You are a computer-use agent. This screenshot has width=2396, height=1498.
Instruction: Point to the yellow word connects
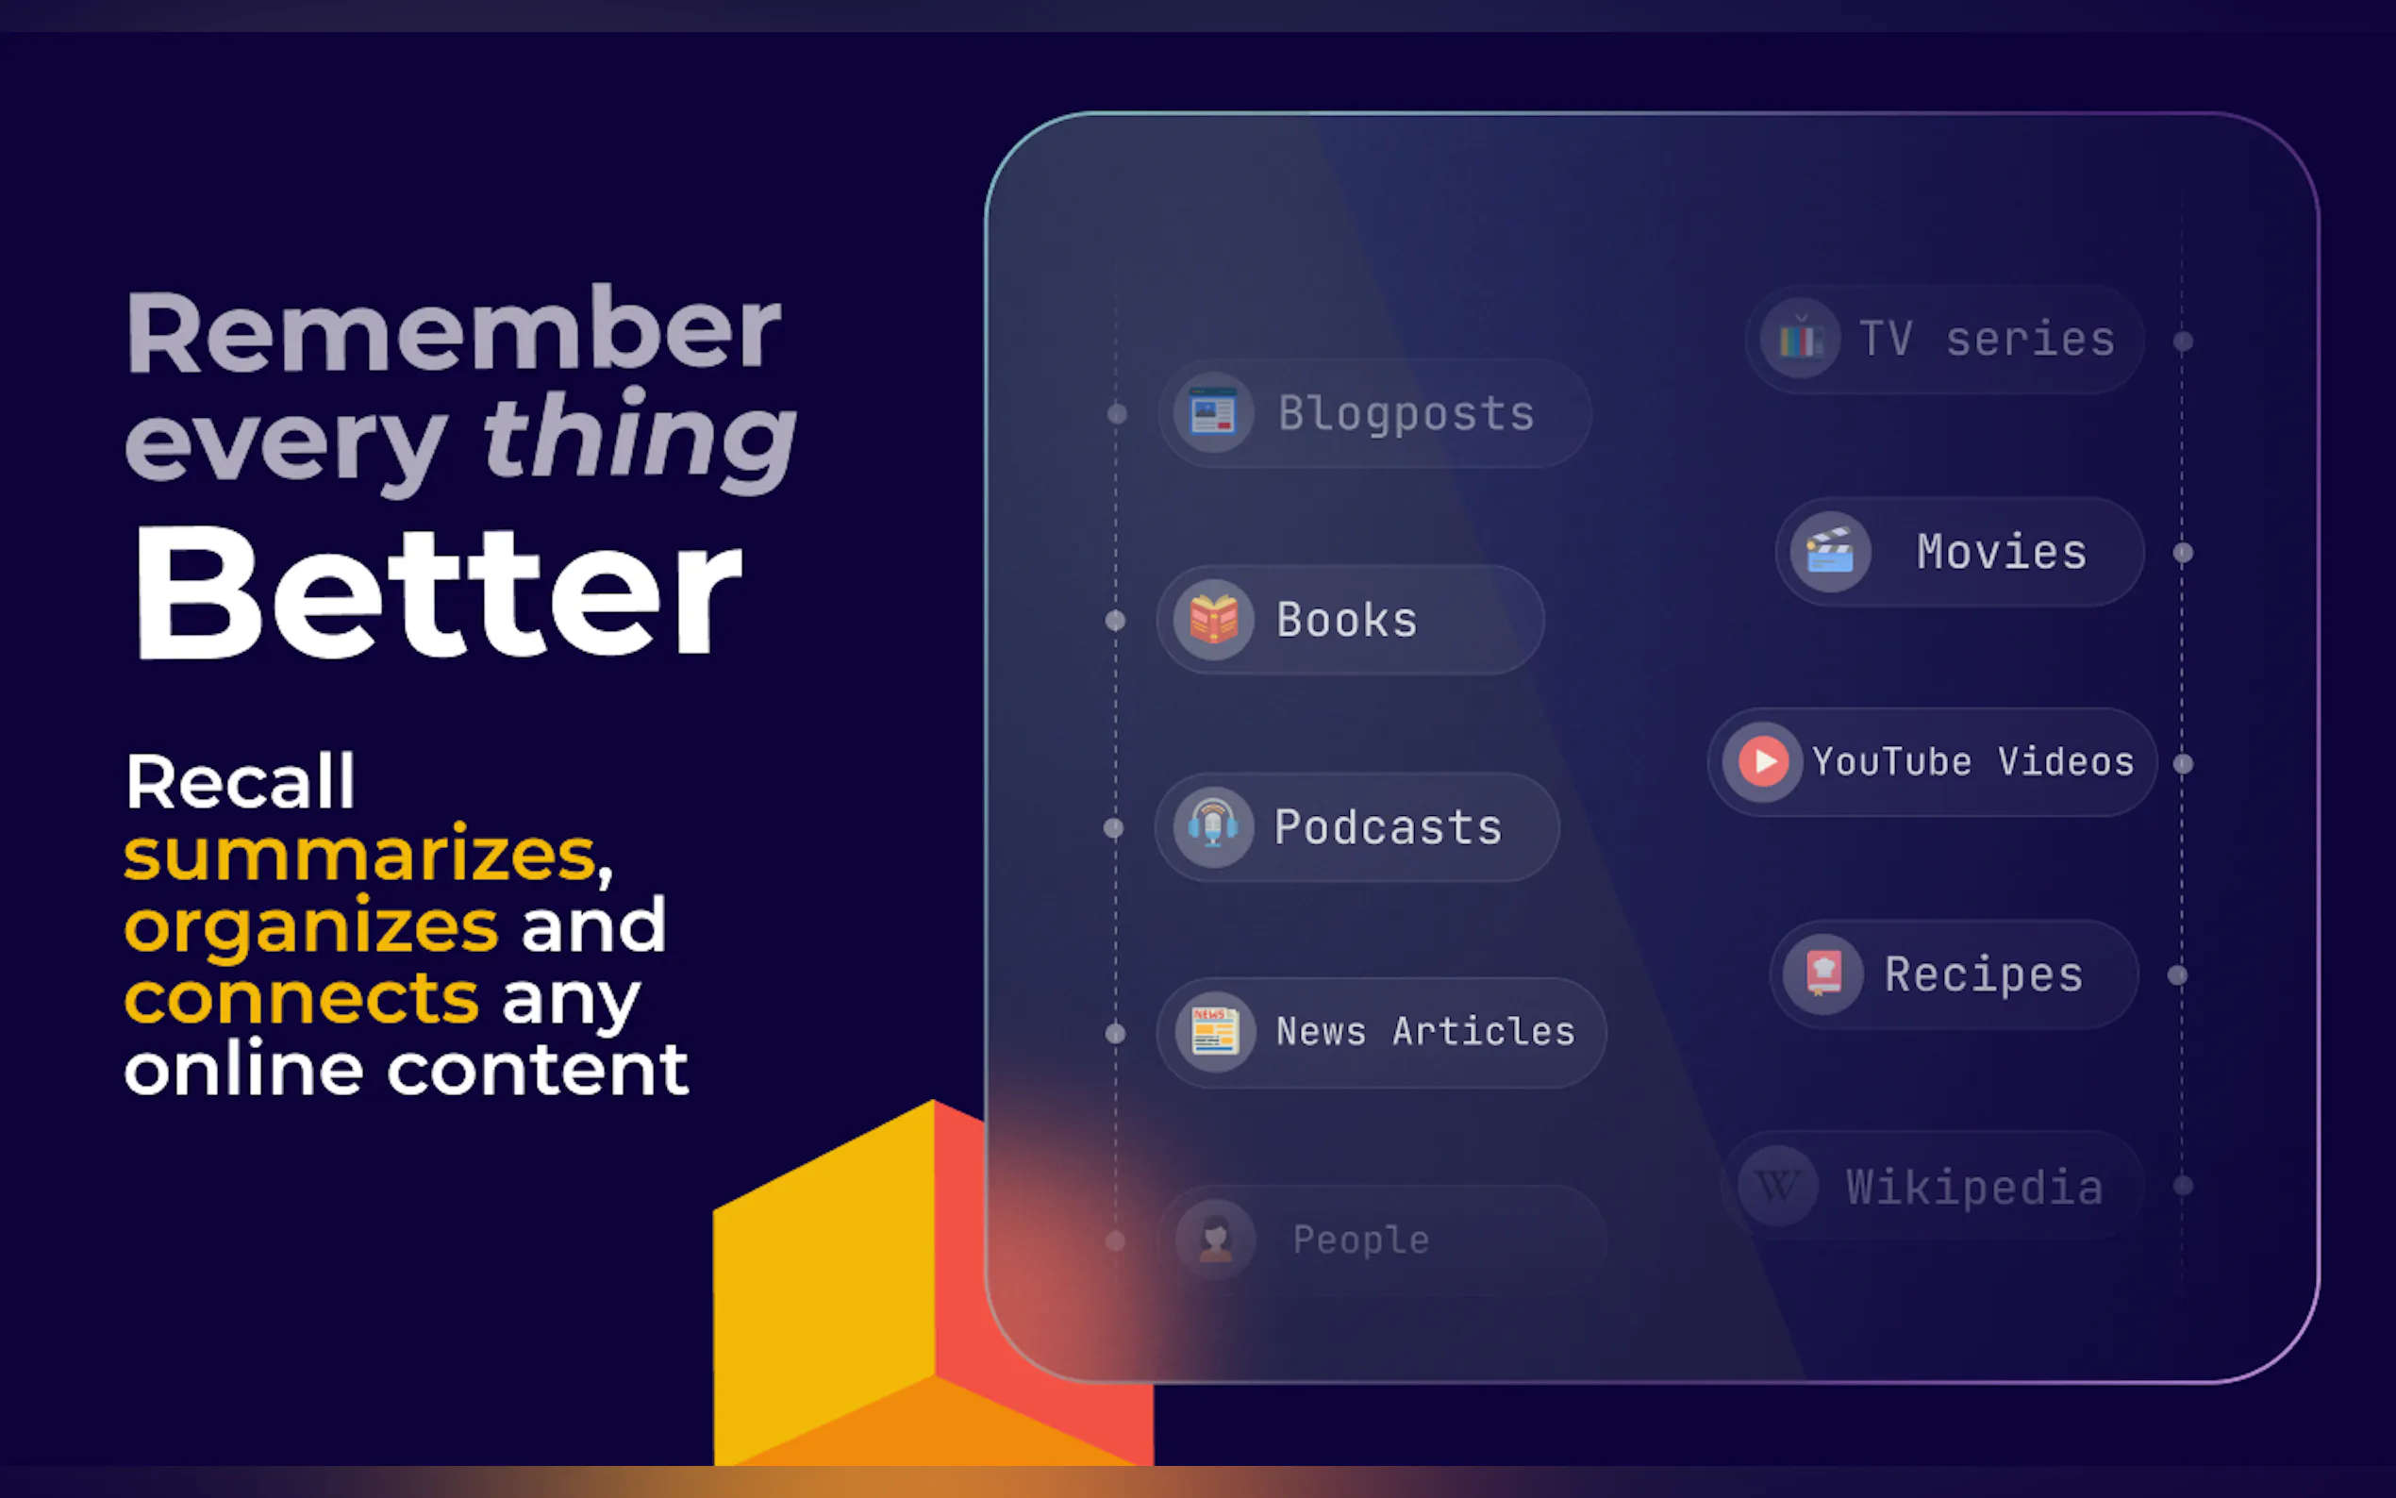coord(302,998)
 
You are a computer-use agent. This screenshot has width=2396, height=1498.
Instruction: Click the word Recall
coord(240,782)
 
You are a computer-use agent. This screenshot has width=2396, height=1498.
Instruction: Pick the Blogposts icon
coord(1213,413)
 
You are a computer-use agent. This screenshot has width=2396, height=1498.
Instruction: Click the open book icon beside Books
coord(1213,620)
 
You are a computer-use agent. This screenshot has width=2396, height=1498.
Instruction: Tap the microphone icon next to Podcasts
coord(1213,827)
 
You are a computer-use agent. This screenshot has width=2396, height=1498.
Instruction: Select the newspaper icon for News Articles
coord(1214,1032)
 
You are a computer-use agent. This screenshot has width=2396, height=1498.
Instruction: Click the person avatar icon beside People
coord(1215,1240)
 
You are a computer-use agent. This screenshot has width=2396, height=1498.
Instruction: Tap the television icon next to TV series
coord(1801,339)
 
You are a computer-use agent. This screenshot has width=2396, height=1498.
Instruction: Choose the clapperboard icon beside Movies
coord(1830,552)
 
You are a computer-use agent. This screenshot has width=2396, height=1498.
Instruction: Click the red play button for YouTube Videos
coord(1763,762)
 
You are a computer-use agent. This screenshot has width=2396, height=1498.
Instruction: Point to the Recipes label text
coord(1984,974)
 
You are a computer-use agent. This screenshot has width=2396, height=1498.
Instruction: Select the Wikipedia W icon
coord(1778,1185)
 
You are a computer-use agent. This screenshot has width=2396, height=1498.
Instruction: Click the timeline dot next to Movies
coord(2183,553)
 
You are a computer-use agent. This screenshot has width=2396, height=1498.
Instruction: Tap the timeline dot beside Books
coord(1115,620)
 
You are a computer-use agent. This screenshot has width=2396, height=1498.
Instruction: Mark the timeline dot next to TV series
coord(2183,341)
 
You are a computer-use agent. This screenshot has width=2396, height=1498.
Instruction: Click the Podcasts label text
coord(1388,827)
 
